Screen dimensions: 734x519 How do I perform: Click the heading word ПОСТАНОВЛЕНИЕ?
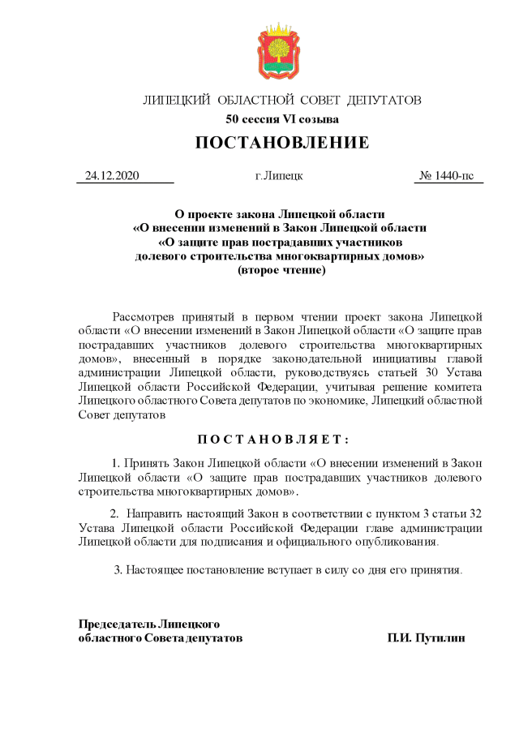click(282, 144)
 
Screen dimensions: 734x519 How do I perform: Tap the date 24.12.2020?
click(113, 175)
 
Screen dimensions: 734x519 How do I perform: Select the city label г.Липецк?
click(279, 175)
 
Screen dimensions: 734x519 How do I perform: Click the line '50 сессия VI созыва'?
click(282, 119)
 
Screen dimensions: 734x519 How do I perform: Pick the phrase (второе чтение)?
click(281, 270)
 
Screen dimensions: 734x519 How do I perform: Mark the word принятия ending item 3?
click(435, 569)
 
